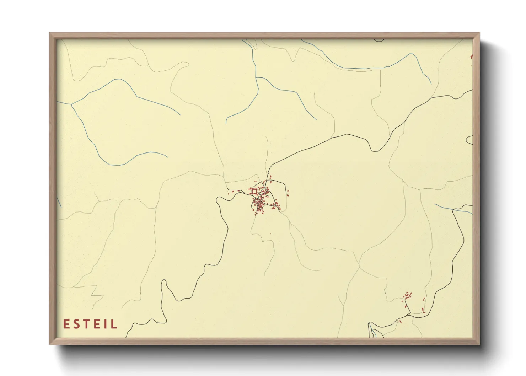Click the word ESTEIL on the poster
click(x=90, y=324)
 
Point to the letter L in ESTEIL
click(x=114, y=324)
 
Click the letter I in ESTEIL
click(x=107, y=324)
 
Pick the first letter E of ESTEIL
click(x=66, y=324)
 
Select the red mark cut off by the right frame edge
click(x=471, y=56)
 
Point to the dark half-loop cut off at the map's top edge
click(x=379, y=40)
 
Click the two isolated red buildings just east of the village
click(x=288, y=194)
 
